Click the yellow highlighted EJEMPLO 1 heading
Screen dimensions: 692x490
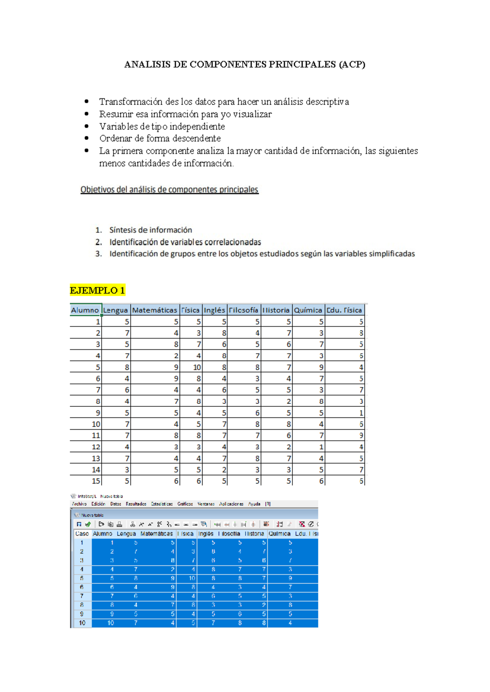(x=97, y=291)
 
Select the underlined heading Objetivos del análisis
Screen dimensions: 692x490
(x=169, y=190)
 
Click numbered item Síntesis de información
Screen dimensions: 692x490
(x=150, y=230)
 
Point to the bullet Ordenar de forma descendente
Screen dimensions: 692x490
(x=160, y=139)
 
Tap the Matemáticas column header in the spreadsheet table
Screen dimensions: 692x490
(x=154, y=310)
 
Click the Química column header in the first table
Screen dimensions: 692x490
(x=308, y=310)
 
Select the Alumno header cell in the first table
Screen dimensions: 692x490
(x=85, y=310)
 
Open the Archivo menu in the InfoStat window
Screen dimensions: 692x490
(x=79, y=504)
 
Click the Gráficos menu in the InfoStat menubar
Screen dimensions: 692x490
(x=185, y=504)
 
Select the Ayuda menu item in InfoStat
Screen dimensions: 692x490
(x=254, y=504)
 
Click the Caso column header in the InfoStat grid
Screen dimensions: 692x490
(x=82, y=534)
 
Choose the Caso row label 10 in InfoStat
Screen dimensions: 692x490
(x=82, y=623)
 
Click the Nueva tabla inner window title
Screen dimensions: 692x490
(x=92, y=515)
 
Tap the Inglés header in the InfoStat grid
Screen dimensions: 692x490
(x=206, y=534)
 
